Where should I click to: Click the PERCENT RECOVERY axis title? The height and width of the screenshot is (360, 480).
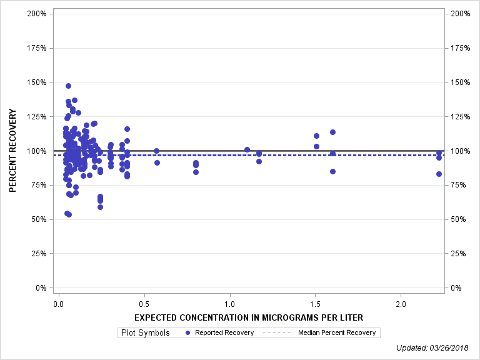pyautogui.click(x=13, y=151)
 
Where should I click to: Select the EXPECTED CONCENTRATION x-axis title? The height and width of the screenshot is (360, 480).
pyautogui.click(x=249, y=317)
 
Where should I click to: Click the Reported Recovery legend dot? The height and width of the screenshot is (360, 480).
pyautogui.click(x=188, y=332)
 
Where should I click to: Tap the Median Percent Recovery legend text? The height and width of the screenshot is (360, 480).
pyautogui.click(x=337, y=332)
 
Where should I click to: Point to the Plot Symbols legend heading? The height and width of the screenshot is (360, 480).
pyautogui.click(x=146, y=332)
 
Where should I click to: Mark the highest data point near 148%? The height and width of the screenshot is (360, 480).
pyautogui.click(x=68, y=86)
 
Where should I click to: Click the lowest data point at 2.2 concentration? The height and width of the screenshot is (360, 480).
pyautogui.click(x=439, y=174)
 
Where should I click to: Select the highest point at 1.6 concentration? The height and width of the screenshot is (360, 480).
pyautogui.click(x=332, y=132)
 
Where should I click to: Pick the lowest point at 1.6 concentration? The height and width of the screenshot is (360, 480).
pyautogui.click(x=332, y=171)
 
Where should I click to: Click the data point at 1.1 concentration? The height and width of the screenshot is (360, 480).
pyautogui.click(x=247, y=149)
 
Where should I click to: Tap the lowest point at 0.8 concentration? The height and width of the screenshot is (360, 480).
pyautogui.click(x=196, y=172)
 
